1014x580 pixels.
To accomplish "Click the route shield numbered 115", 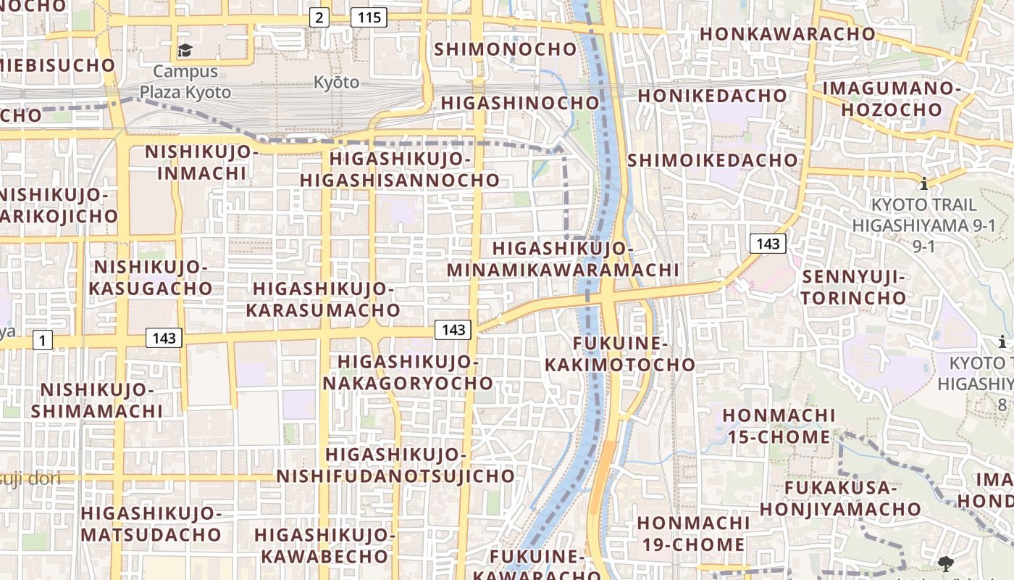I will [369, 17].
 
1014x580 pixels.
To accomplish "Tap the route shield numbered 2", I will [319, 17].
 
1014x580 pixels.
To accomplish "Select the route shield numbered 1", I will [43, 339].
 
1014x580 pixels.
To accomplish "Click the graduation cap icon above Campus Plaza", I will [185, 50].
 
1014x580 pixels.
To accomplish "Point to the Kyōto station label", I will [336, 82].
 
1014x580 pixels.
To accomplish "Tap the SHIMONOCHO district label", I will [506, 49].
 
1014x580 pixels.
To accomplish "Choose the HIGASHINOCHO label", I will [520, 103].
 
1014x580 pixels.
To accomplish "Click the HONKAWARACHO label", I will [788, 33].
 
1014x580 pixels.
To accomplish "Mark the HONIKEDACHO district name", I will [712, 96].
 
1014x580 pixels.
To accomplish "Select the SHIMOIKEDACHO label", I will [713, 160].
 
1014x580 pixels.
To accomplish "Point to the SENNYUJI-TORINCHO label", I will [854, 287].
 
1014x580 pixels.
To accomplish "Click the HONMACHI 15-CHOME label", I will [779, 426].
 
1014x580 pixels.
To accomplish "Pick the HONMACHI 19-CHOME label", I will [693, 534].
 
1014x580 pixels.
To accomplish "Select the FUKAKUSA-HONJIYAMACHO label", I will [840, 498].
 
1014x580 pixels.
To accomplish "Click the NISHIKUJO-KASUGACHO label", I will [151, 278].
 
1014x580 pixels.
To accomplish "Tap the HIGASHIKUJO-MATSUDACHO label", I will [151, 524].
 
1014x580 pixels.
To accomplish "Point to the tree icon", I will [944, 564].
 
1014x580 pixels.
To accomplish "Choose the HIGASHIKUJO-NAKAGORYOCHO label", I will [408, 372].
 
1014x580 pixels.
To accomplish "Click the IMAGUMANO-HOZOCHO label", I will [891, 99].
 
